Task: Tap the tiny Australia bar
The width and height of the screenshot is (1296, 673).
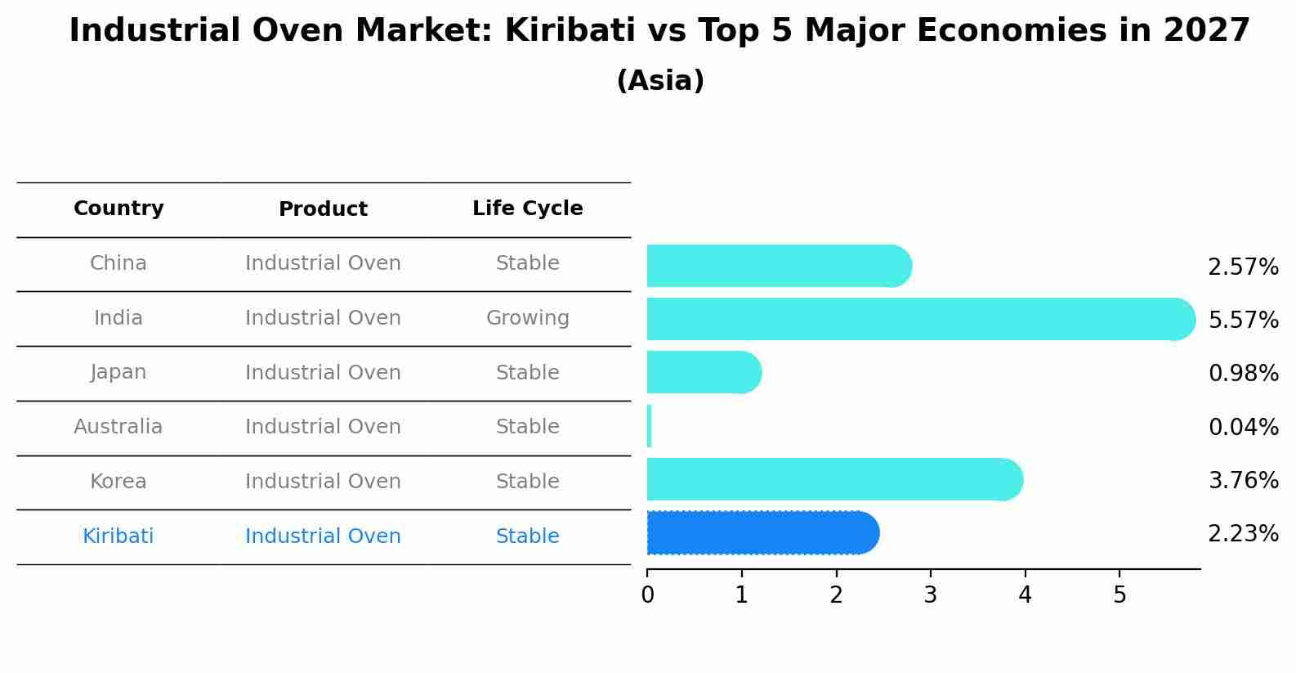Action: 650,426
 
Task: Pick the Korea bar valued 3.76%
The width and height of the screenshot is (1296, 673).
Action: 833,479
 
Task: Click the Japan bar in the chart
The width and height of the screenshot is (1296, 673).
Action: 703,372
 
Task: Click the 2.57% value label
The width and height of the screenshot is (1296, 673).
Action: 1243,267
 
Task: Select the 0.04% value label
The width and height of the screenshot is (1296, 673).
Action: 1243,427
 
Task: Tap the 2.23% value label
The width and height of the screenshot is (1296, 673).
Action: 1243,534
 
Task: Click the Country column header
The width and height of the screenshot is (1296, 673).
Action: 118,209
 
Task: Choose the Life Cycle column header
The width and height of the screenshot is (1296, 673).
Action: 527,209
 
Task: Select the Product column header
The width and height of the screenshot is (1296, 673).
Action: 323,209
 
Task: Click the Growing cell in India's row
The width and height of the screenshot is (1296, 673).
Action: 527,318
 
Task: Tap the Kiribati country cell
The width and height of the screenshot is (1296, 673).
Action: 118,536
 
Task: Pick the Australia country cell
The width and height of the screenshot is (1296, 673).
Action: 118,427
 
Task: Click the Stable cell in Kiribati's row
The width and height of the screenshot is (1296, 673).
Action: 527,536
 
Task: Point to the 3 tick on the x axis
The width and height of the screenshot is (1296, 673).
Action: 930,595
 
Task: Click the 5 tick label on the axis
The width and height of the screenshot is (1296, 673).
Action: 1119,595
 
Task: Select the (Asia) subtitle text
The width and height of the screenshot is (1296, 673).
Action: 660,81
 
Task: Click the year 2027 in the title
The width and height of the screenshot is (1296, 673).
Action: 1206,31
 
